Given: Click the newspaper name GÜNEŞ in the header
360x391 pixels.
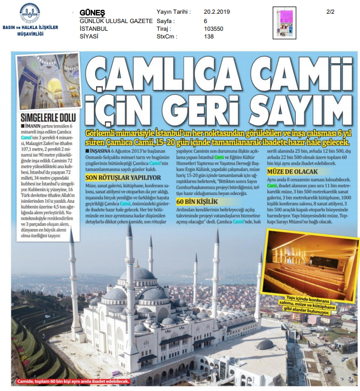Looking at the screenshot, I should point(92,11).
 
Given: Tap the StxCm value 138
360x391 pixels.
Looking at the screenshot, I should point(208,37).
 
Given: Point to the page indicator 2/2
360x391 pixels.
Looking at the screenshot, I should point(330,11).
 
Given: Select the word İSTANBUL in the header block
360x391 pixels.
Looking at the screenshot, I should point(94,27).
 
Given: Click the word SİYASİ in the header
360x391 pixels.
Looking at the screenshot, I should point(88,36).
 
